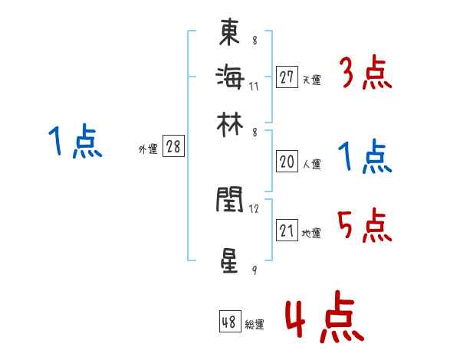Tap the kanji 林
230,123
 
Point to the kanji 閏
230,201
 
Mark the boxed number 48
229,322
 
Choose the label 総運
255,325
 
